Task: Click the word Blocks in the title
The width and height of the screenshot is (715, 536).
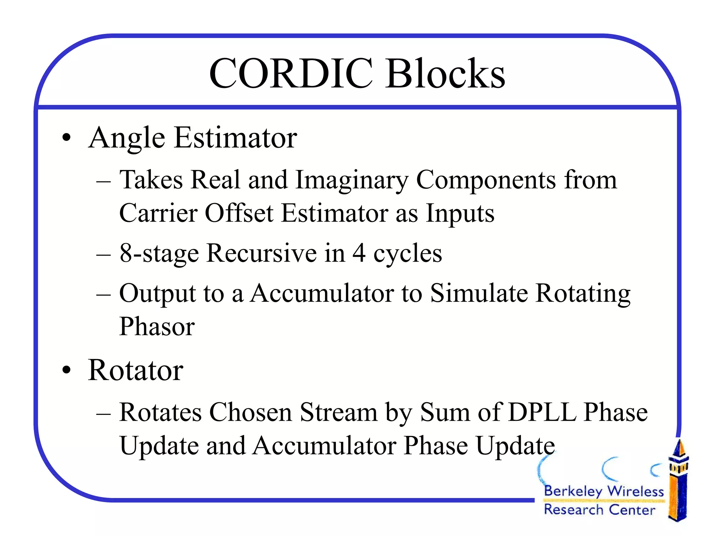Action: click(x=445, y=74)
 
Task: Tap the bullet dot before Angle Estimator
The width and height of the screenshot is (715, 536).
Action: click(x=66, y=138)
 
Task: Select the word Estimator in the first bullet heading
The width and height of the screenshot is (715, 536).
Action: click(x=236, y=138)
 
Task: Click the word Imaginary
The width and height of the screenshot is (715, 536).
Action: click(x=352, y=180)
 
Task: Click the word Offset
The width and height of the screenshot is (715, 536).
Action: click(x=239, y=213)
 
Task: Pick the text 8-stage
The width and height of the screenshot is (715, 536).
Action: click(x=159, y=253)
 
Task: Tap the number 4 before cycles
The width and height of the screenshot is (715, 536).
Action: click(x=359, y=253)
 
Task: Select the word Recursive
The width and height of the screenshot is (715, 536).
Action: click(x=261, y=253)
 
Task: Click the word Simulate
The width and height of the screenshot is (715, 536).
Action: click(x=479, y=293)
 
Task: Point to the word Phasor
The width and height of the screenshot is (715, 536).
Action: click(x=157, y=327)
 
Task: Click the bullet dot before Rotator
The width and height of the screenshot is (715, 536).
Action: click(x=66, y=371)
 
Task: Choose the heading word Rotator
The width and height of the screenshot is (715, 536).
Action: click(x=135, y=371)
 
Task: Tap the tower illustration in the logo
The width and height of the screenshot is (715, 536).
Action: click(x=678, y=482)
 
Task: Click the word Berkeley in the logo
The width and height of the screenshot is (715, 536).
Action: click(x=573, y=491)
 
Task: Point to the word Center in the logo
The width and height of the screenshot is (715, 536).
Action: click(x=632, y=510)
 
